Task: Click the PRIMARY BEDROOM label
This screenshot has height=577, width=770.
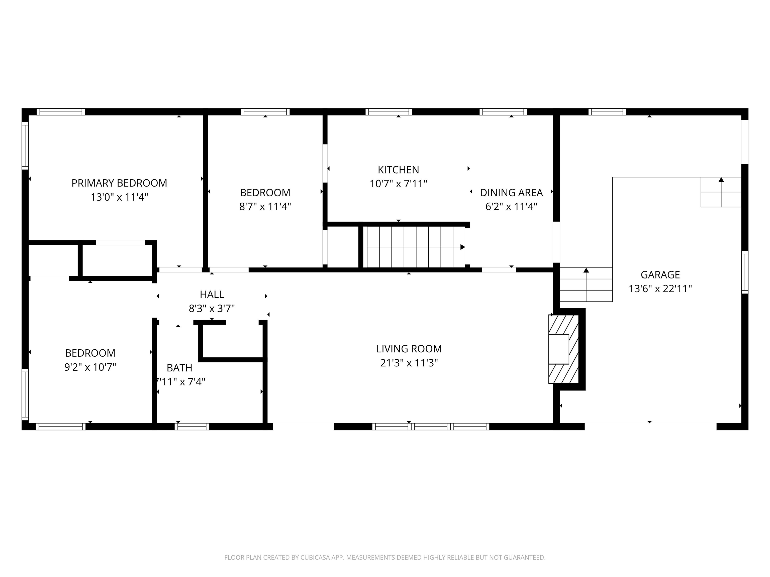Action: (119, 183)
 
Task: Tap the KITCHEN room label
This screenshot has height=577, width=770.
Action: (398, 170)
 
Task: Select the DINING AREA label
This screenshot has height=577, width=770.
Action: (511, 193)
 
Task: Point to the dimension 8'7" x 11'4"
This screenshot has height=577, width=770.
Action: (265, 207)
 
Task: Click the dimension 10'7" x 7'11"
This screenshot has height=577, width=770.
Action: (398, 184)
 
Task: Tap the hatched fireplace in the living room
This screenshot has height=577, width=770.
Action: (563, 349)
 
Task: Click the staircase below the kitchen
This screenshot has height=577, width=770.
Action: (414, 247)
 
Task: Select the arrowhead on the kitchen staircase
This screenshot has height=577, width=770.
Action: (463, 247)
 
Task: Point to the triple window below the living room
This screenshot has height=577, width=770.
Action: (431, 427)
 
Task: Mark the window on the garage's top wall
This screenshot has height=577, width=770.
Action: (607, 112)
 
